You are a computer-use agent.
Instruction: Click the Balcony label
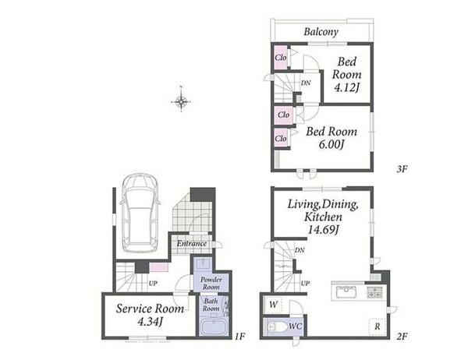(321, 32)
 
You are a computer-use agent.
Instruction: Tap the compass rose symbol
(181, 102)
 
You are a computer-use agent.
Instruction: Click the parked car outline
(140, 213)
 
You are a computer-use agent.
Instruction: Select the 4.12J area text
(346, 88)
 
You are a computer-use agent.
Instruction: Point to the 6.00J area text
(331, 145)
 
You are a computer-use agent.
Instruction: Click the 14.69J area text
(323, 230)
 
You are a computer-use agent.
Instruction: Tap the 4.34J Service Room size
(150, 322)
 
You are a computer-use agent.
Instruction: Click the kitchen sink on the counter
(346, 291)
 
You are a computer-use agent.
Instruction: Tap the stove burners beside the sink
(375, 291)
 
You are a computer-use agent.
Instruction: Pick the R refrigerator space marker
(378, 326)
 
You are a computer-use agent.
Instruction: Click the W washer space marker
(273, 305)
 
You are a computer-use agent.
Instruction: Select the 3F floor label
(402, 169)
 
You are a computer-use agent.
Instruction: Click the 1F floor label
(239, 337)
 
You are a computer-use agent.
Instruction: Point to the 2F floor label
(402, 337)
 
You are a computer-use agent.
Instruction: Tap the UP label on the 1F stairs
(153, 284)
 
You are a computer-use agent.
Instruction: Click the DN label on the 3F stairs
(305, 83)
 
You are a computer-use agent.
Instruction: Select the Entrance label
(192, 243)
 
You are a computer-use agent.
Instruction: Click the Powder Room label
(211, 284)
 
